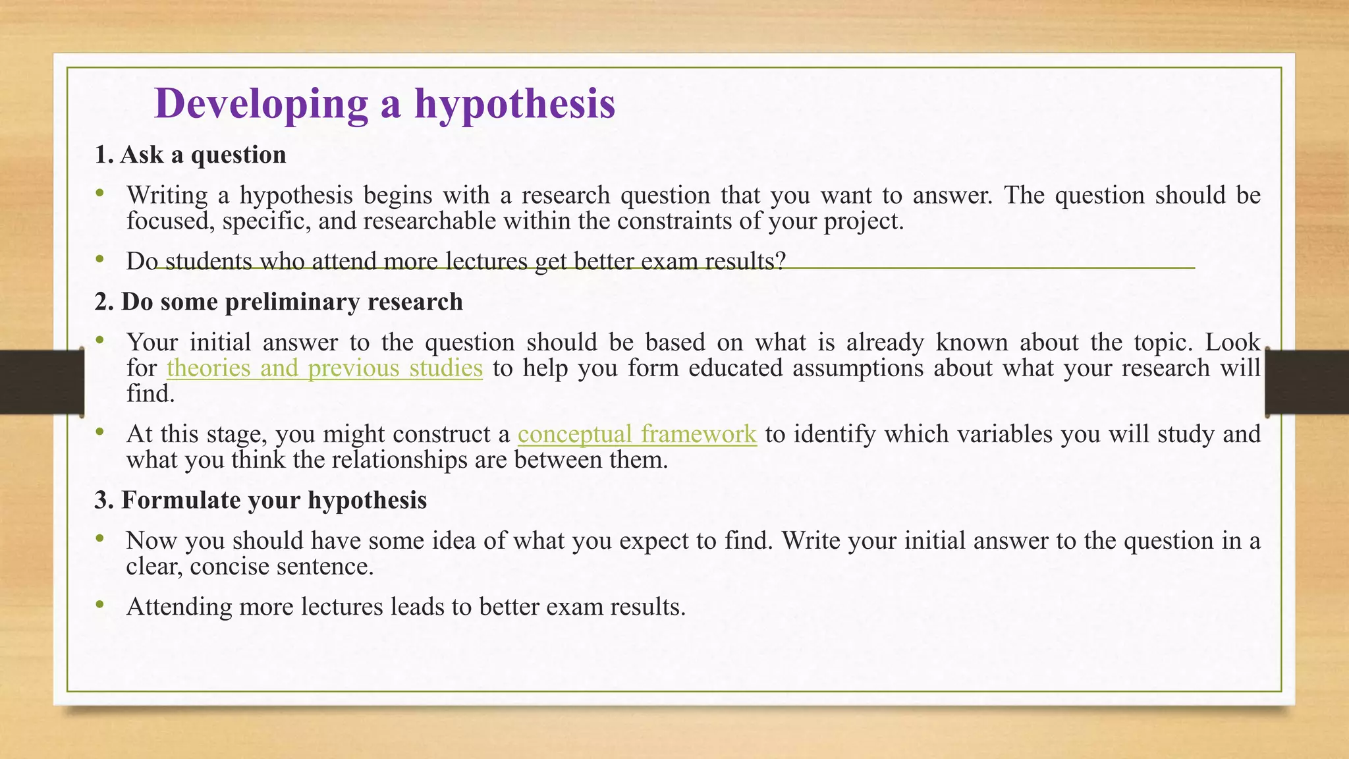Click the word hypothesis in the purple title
click(x=514, y=104)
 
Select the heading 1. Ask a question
click(x=190, y=155)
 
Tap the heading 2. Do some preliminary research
click(x=279, y=302)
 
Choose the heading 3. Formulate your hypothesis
click(x=261, y=500)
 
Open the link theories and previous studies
click(x=325, y=368)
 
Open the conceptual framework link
click(x=637, y=434)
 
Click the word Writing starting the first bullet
click(x=167, y=196)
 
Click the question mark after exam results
click(x=781, y=262)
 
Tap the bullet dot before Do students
click(x=99, y=260)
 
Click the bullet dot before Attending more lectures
click(x=99, y=604)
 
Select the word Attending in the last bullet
click(x=179, y=607)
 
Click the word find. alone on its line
click(x=150, y=394)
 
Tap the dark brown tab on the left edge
click(x=41, y=382)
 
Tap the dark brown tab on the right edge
click(x=1307, y=382)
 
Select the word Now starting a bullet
click(x=151, y=541)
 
